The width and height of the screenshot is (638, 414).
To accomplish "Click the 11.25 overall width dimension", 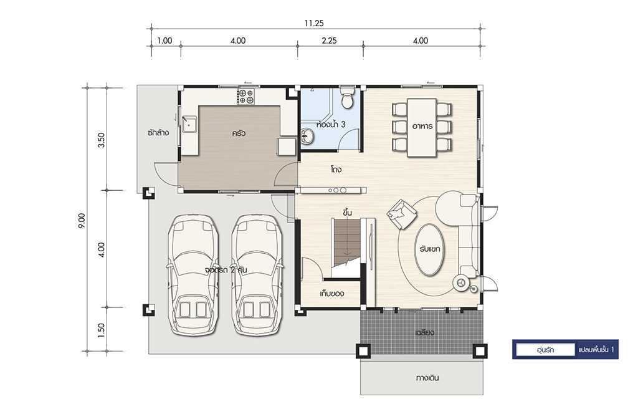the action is (314, 23).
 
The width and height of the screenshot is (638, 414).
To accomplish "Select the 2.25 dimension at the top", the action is (329, 41).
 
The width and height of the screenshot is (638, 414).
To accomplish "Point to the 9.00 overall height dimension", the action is (82, 221).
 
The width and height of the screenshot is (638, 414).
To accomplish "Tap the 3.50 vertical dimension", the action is (102, 140).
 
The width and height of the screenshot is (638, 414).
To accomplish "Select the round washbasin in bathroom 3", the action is (308, 136).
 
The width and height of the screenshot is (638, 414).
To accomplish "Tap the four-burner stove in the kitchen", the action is (245, 97).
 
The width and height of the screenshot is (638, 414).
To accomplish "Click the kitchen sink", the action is (189, 124).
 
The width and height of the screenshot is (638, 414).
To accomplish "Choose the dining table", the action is (422, 127).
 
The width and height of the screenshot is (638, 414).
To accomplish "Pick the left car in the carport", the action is (193, 275).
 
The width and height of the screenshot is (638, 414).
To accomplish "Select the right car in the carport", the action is (257, 275).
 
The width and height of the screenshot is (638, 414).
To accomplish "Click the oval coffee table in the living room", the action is (429, 249).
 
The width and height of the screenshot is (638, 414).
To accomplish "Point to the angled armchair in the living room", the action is (402, 214).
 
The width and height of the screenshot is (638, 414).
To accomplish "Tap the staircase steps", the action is (347, 243).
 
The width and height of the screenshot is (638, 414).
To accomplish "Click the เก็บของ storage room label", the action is (333, 293).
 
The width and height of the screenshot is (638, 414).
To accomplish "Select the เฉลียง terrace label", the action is (424, 332).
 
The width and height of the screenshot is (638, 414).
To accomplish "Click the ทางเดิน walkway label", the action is (427, 378).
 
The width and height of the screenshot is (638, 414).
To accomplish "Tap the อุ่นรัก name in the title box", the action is (545, 350).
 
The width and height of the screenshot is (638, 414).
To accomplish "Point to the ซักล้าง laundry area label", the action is (158, 133).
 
